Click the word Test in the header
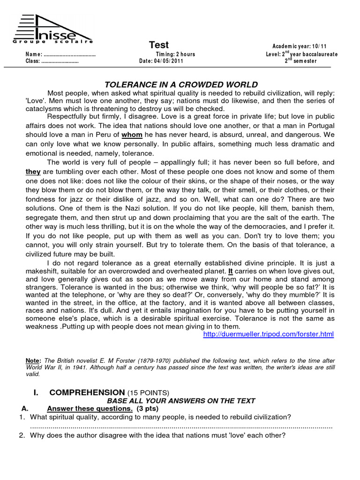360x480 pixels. point(159,45)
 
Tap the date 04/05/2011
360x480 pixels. point(169,61)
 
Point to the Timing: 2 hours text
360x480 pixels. point(176,54)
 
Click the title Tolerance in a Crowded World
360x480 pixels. point(181,85)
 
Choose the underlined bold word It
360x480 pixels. point(231,271)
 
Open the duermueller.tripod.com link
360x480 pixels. point(269,334)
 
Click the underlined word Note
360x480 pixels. point(32,360)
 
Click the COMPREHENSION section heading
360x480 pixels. point(87,392)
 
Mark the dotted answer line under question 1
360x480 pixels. point(181,427)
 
